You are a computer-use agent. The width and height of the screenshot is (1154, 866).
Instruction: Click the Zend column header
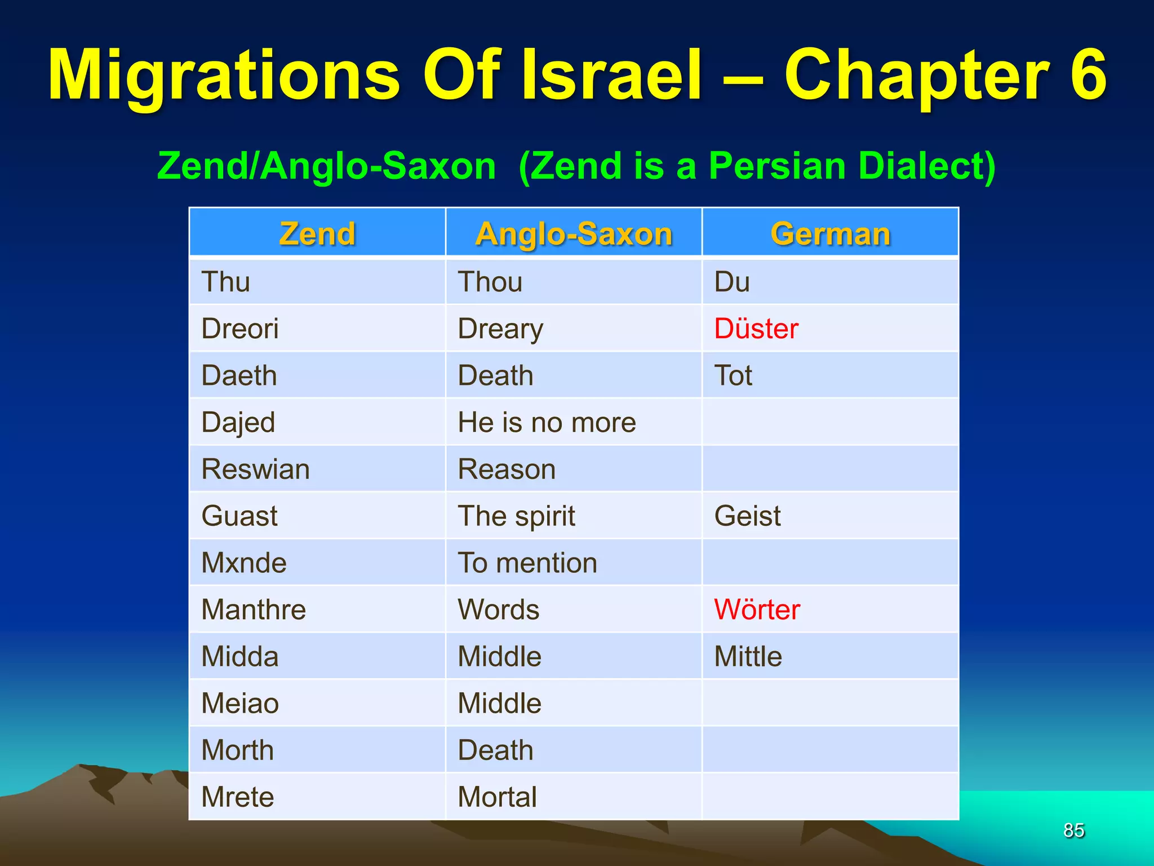[317, 233]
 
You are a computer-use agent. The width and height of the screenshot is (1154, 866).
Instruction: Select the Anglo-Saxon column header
[574, 233]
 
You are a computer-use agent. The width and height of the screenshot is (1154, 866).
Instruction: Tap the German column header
[830, 233]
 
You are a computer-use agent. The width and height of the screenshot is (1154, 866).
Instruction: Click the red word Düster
[756, 329]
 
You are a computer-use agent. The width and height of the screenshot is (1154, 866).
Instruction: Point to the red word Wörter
[757, 609]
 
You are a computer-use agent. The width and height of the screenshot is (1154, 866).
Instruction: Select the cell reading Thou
[490, 282]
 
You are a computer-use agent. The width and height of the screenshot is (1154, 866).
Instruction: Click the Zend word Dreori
[240, 329]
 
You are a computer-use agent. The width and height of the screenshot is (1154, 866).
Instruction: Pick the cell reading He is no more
[547, 422]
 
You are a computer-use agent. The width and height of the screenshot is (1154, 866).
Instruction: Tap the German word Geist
[747, 516]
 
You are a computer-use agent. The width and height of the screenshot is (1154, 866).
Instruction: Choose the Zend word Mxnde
[244, 563]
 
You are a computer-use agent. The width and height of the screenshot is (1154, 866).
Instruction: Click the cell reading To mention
[527, 563]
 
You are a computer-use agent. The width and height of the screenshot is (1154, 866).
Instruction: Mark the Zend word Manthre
[254, 609]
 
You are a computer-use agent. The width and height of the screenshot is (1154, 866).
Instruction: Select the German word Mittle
[748, 656]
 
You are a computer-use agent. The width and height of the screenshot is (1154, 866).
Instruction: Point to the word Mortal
[497, 797]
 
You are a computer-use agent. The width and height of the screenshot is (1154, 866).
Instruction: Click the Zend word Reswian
[255, 469]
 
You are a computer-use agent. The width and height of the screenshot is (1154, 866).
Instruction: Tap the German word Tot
[733, 375]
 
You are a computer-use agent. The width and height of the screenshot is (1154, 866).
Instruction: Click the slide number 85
[1073, 830]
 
